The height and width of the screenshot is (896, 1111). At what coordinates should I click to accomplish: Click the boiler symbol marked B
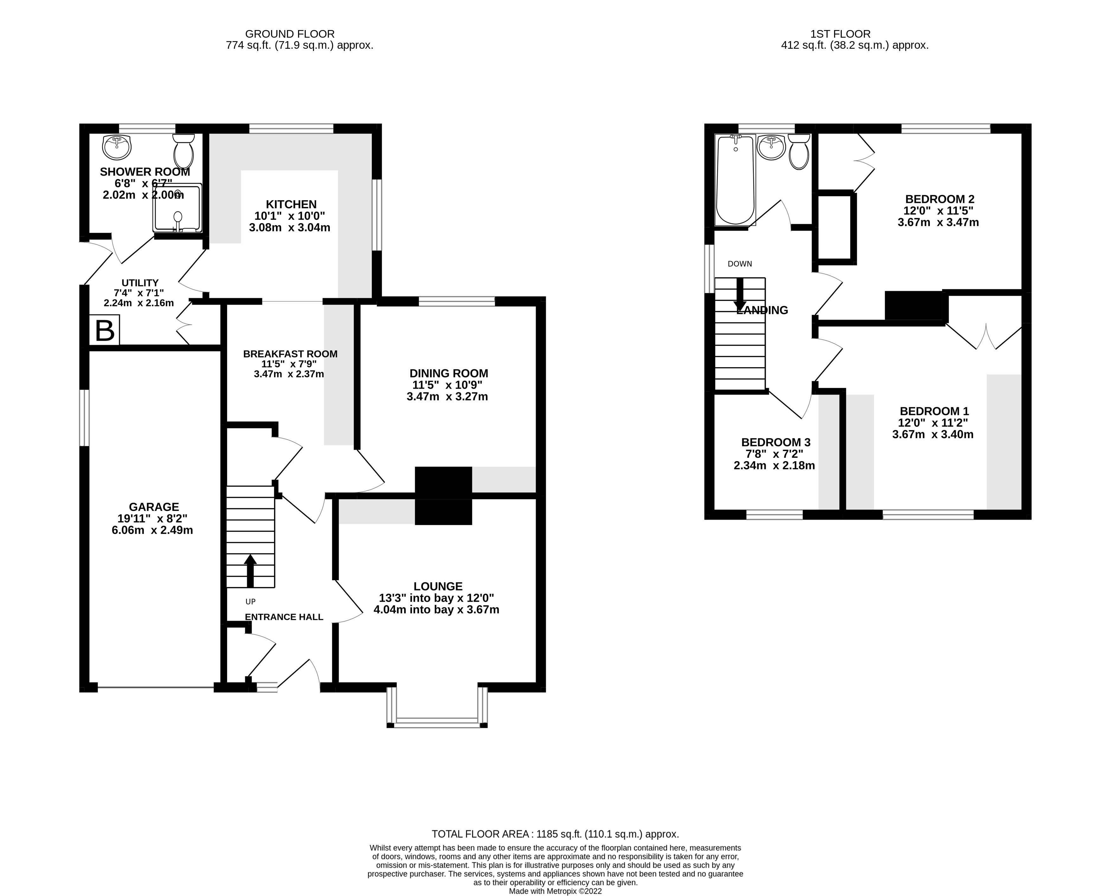[105, 330]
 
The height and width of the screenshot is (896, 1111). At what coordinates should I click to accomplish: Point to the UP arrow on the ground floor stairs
[251, 570]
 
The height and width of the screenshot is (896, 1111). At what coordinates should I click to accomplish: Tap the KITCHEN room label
[291, 204]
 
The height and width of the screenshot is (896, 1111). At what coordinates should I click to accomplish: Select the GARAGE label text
[154, 507]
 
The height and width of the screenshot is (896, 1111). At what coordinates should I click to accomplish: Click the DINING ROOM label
[449, 373]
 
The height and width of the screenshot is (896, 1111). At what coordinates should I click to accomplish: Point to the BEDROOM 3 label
[776, 442]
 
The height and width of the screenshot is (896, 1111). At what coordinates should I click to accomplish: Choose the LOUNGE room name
[438, 586]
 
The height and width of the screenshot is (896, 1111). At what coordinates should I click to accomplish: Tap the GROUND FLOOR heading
[290, 34]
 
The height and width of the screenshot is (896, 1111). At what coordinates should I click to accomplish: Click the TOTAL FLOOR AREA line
[555, 834]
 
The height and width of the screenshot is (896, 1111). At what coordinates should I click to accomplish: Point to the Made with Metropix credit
[555, 891]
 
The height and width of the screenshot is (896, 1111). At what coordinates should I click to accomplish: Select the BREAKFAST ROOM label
[290, 354]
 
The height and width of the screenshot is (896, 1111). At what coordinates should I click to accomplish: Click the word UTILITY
[140, 283]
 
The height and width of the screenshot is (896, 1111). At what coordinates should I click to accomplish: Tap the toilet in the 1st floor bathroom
[799, 151]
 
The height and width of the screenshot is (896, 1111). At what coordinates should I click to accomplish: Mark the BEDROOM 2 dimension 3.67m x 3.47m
[938, 222]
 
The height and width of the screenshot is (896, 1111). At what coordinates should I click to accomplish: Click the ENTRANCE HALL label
[284, 617]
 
